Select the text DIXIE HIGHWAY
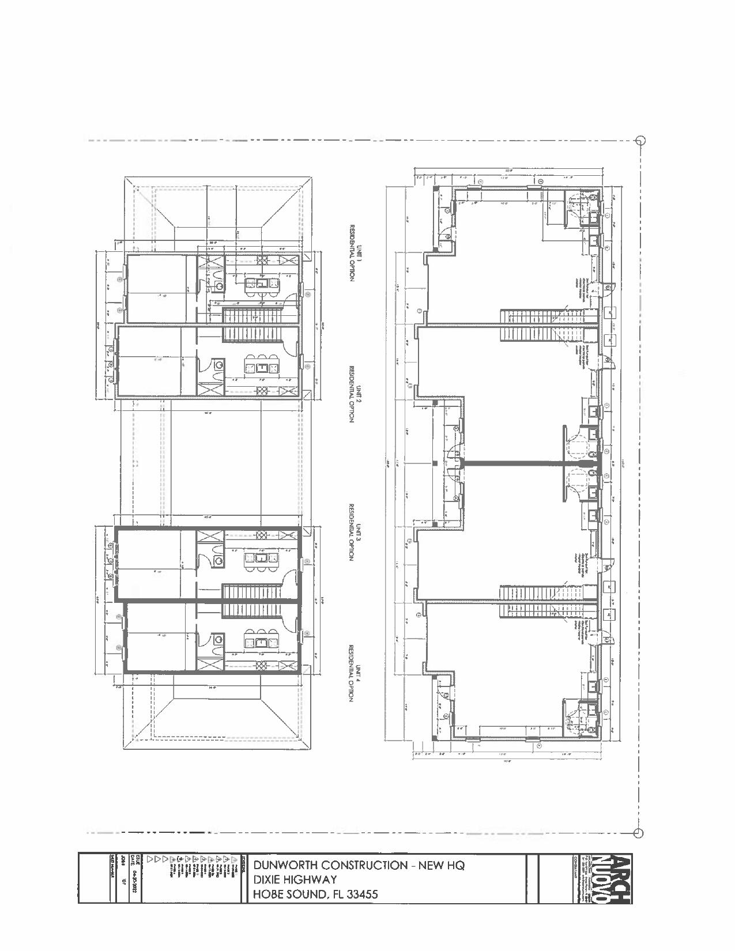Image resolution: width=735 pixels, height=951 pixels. tap(295, 880)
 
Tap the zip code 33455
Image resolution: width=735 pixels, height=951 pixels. tap(359, 895)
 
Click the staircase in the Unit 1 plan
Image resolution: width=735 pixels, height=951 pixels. tap(251, 316)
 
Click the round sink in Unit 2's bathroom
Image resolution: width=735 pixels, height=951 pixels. tap(218, 364)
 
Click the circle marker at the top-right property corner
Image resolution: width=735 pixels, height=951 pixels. tap(639, 140)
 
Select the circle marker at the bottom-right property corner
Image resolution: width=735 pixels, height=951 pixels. tap(638, 833)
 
